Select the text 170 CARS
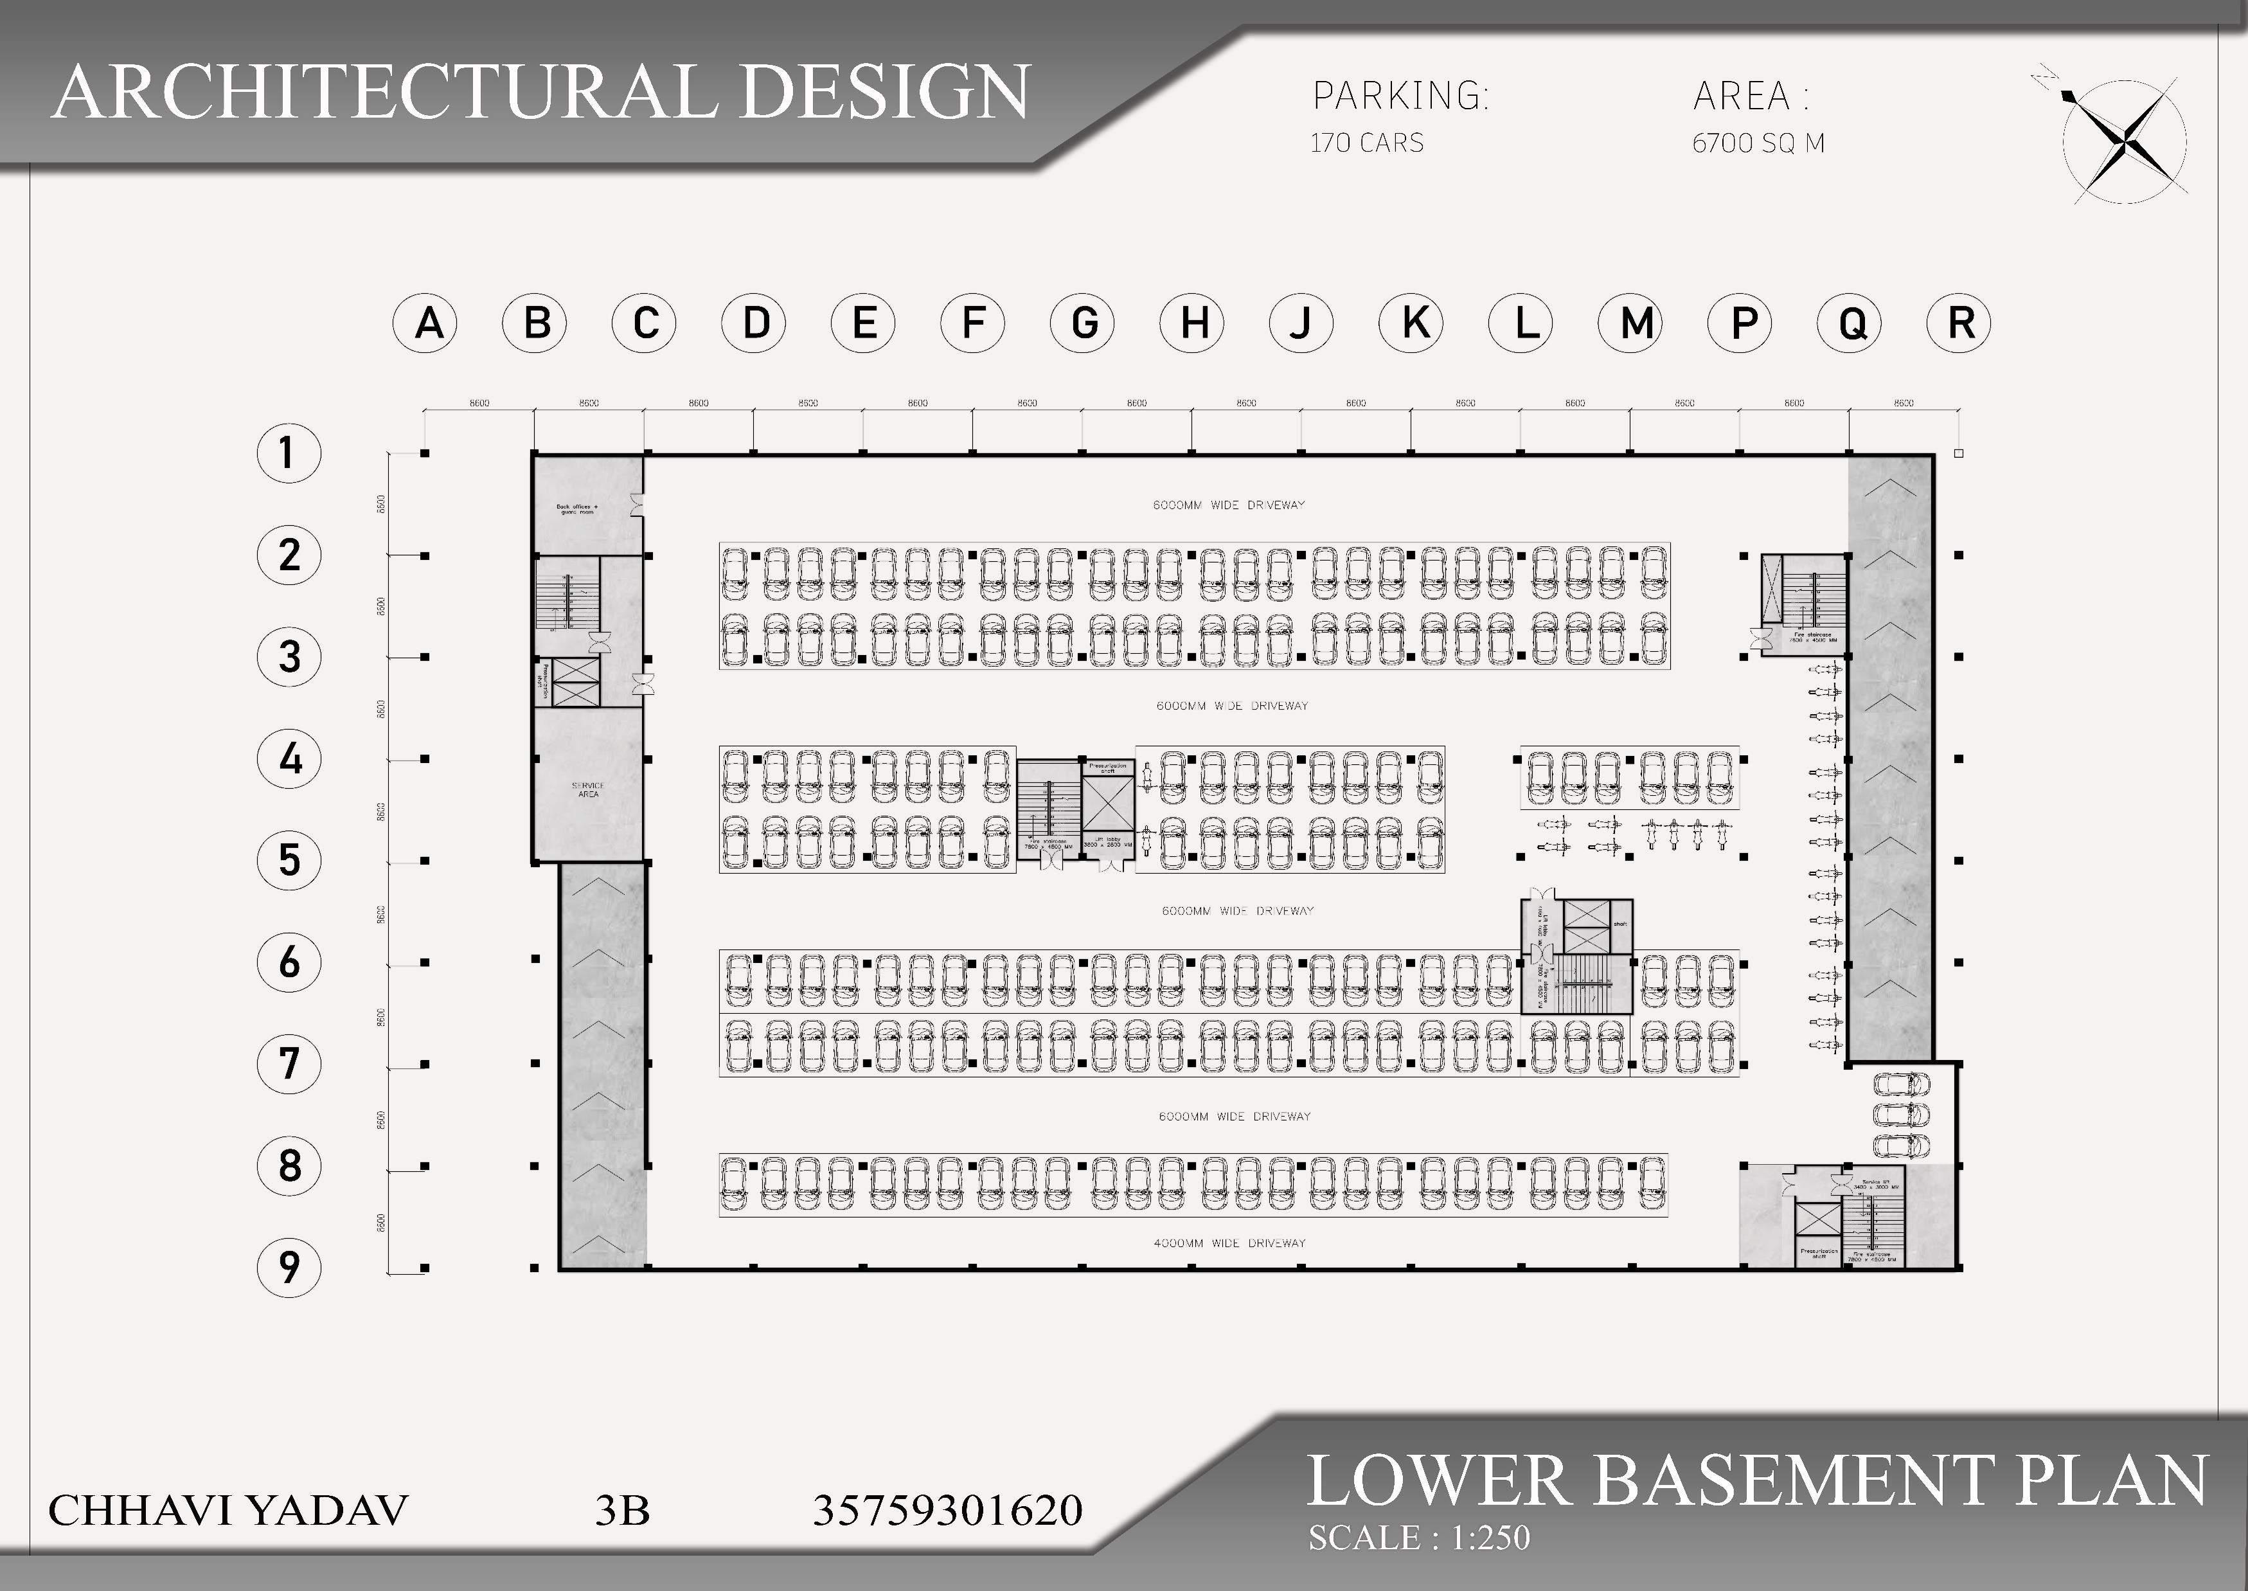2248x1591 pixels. coord(1366,143)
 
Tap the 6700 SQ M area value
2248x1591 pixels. coord(1758,143)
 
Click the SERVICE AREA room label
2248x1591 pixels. coord(588,789)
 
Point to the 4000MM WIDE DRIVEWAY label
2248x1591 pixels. coord(1229,1243)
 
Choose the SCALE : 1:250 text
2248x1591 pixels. coord(1418,1537)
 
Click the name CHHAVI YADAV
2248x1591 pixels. coord(227,1510)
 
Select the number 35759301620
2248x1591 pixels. coord(947,1510)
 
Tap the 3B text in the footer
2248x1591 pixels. coord(622,1510)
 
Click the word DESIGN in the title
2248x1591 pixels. coord(884,91)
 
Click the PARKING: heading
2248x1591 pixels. coord(1400,96)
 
